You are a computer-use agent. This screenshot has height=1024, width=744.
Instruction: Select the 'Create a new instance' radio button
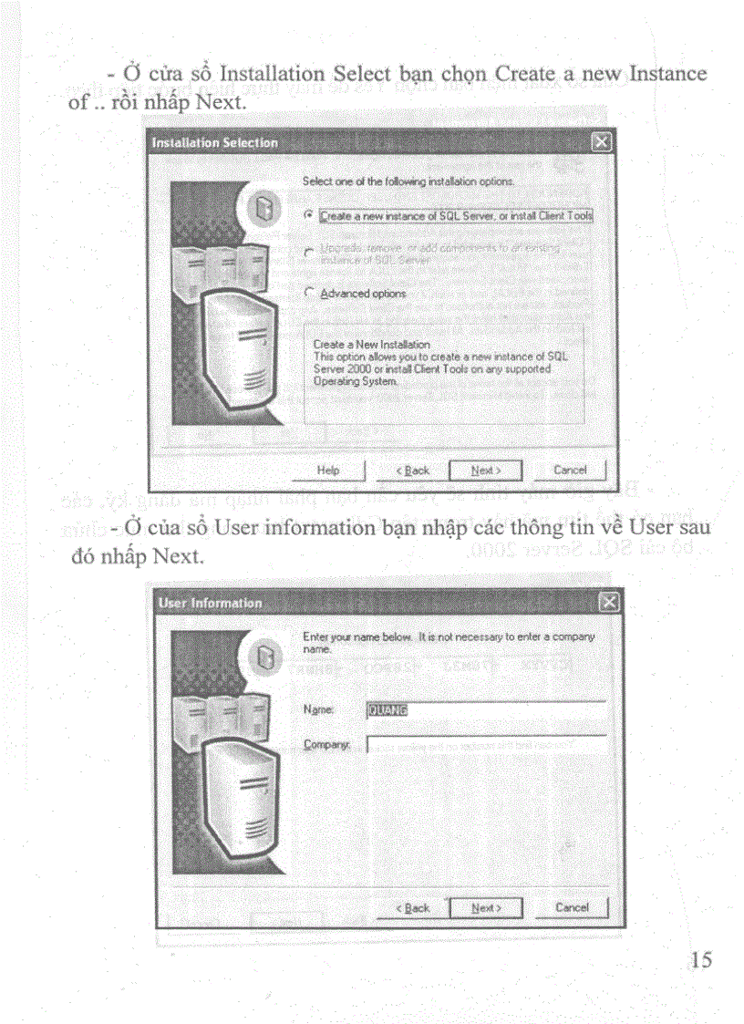click(309, 215)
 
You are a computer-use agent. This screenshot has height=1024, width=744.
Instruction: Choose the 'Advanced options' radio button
click(309, 293)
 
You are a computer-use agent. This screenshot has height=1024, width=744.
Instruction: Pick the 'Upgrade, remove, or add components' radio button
click(309, 251)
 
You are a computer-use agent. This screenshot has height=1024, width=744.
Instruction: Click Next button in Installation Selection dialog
click(486, 471)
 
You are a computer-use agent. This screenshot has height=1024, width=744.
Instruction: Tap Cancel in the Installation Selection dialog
click(570, 471)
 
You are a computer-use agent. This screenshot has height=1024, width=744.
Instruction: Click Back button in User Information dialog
click(412, 907)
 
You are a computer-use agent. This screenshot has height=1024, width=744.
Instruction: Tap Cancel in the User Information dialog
click(571, 907)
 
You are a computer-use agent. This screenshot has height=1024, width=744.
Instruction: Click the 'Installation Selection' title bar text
click(214, 143)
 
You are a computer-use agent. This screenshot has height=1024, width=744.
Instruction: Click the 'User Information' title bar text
click(210, 603)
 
